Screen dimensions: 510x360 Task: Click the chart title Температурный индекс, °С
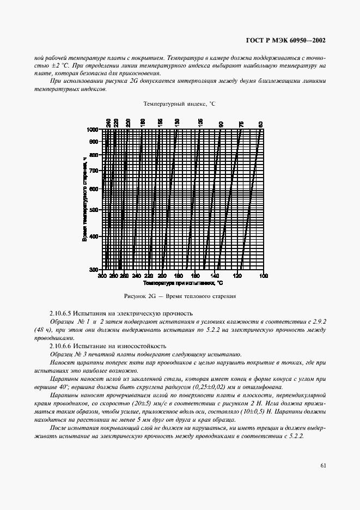point(180,104)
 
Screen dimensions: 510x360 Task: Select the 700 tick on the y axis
point(94,171)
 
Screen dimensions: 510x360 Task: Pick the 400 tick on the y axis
point(94,236)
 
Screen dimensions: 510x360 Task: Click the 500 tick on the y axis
point(94,210)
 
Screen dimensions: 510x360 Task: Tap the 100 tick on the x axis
point(264,276)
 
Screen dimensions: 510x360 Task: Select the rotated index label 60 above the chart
point(261,124)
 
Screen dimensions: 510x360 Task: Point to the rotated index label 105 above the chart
point(200,123)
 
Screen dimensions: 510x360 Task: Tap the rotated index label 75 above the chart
point(241,124)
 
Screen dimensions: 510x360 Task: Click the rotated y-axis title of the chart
point(85,199)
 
